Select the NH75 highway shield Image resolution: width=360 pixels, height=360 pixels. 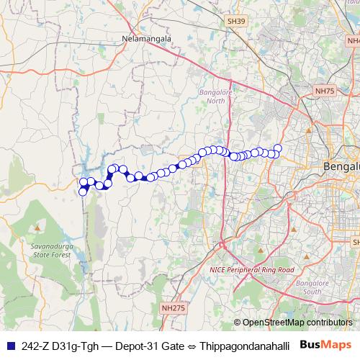click(x=325, y=91)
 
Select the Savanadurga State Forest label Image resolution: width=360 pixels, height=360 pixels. click(x=51, y=251)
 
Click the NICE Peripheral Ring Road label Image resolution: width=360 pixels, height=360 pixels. click(x=251, y=269)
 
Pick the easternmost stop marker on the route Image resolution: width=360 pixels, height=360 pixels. click(x=278, y=149)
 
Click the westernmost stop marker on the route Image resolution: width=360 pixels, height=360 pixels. click(x=83, y=192)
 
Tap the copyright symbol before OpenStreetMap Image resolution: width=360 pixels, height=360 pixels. click(x=238, y=323)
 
